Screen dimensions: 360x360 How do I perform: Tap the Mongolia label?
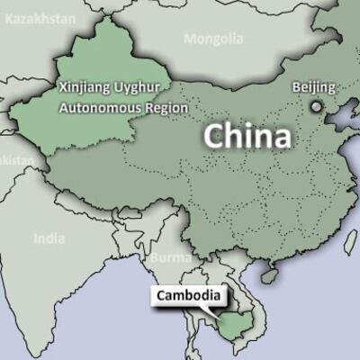click(213, 39)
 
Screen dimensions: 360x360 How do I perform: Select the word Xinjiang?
click(86, 88)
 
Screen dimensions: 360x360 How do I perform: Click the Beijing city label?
click(314, 87)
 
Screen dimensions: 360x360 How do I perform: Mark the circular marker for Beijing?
click(315, 106)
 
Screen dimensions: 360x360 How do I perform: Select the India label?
click(49, 238)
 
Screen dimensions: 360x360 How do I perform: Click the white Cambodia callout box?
click(187, 295)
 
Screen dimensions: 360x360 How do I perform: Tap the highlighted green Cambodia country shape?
click(231, 322)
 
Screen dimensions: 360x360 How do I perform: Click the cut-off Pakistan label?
click(16, 159)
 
